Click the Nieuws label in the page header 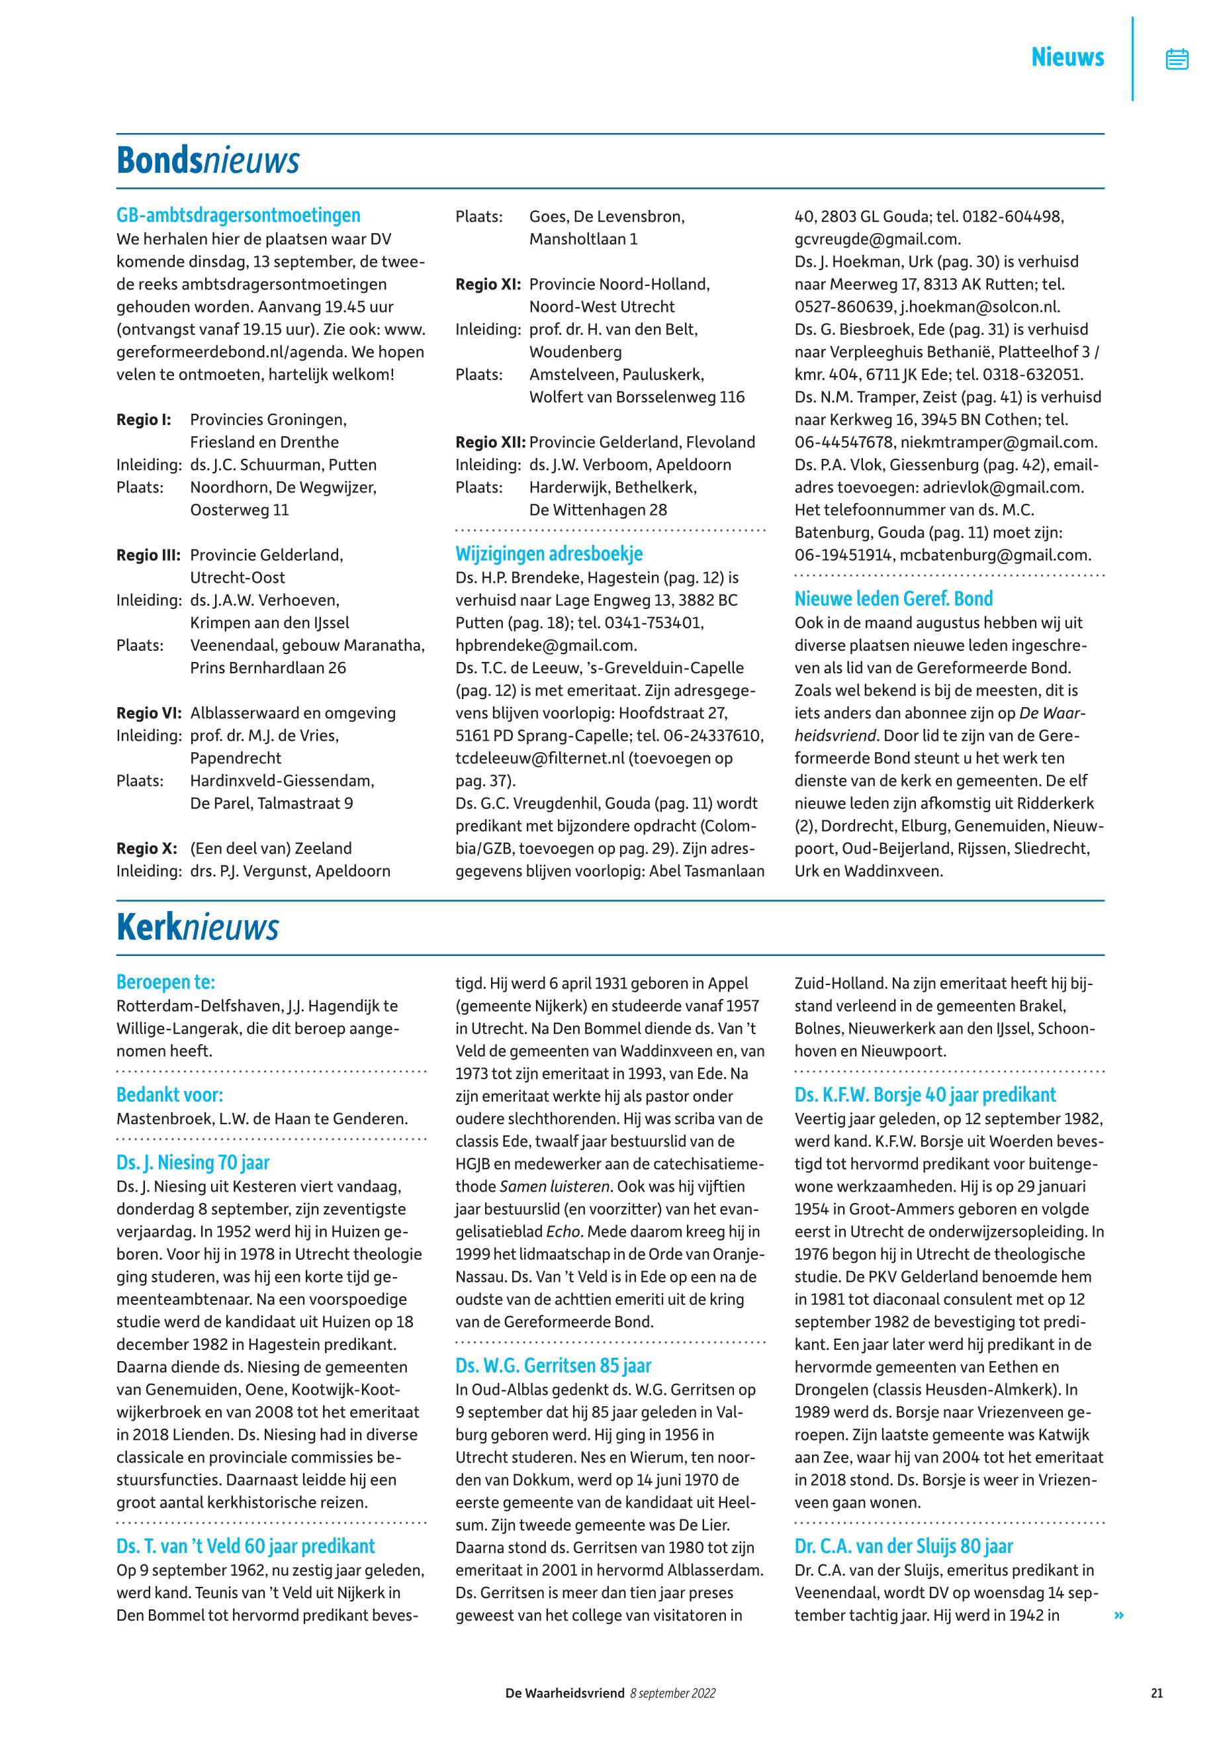(1067, 58)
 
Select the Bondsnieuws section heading (207, 161)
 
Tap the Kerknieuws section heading (197, 928)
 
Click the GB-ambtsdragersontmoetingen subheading (238, 215)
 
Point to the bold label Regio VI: (148, 713)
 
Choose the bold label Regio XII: (490, 442)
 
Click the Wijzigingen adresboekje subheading (549, 553)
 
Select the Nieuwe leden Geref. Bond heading (893, 598)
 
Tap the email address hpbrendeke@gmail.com (545, 645)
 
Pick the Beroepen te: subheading (165, 982)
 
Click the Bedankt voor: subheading (169, 1094)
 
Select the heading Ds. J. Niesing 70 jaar (193, 1163)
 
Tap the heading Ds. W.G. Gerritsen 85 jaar (553, 1365)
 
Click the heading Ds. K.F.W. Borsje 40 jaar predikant (925, 1094)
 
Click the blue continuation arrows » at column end (1120, 1615)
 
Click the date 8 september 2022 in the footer (672, 1693)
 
